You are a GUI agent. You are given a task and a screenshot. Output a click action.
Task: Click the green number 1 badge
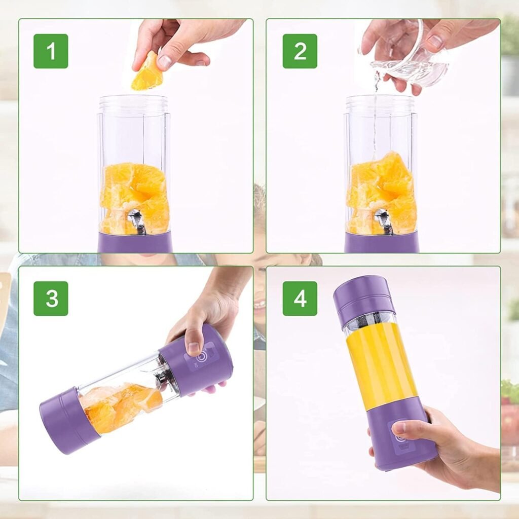coord(51,51)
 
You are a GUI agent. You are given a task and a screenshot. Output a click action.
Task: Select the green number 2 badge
coord(300,51)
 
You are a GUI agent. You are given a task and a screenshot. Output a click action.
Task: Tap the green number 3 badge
coord(51,298)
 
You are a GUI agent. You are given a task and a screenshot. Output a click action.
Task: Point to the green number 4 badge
coord(300,298)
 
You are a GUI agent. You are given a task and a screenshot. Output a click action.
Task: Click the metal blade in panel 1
coord(136,220)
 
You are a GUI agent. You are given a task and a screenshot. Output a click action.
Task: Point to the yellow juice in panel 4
coord(381,370)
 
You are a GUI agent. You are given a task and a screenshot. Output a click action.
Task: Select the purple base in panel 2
coord(382,242)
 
